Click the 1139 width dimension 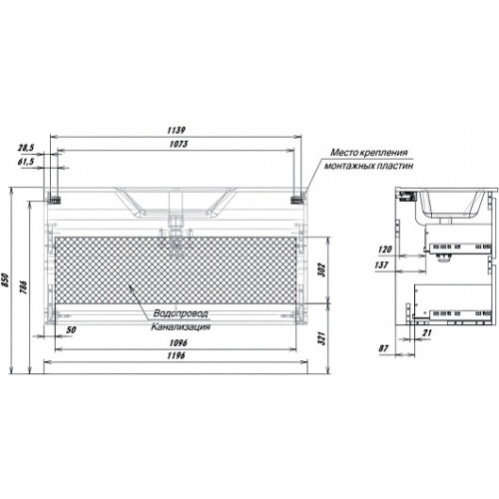177,130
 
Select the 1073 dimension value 179,144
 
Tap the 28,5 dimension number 26,148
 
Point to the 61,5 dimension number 26,162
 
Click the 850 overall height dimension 4,281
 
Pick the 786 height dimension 24,287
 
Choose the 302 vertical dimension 321,270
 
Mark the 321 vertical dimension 321,338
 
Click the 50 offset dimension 71,329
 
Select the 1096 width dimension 179,342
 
